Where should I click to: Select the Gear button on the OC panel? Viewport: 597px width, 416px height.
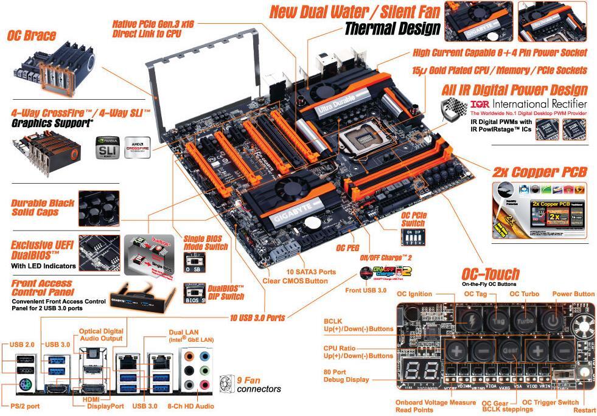pos(509,351)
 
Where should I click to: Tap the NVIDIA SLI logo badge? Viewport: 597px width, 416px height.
pos(107,148)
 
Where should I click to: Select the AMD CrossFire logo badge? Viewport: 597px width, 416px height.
pos(138,148)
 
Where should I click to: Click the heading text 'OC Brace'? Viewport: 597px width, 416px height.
pos(32,36)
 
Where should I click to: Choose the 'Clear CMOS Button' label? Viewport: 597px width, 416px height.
pos(296,280)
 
